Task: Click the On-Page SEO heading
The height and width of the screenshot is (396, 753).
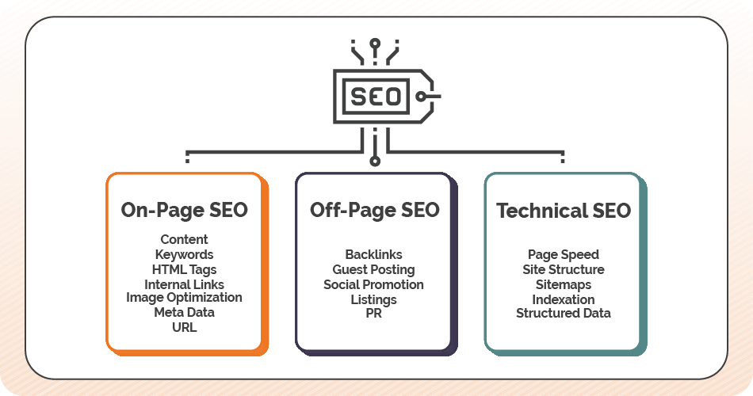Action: pos(184,210)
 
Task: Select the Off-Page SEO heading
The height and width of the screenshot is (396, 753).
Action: pos(374,210)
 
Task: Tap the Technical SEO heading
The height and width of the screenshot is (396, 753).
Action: pos(564,210)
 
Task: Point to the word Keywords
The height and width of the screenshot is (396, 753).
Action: pos(184,254)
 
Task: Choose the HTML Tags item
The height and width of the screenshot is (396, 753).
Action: pos(184,269)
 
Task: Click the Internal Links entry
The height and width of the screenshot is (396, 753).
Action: pos(184,284)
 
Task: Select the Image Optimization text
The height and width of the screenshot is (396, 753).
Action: pos(184,298)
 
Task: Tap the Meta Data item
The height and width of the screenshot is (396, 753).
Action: pos(184,312)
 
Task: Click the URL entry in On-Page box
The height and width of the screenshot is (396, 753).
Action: pos(184,326)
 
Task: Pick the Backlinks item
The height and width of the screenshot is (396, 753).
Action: pos(373,254)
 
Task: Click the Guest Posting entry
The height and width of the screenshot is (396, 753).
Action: pos(373,269)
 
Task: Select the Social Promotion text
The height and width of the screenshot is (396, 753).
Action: pos(373,284)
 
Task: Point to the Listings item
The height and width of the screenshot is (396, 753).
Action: pos(373,299)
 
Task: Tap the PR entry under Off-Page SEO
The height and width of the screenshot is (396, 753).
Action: pos(373,314)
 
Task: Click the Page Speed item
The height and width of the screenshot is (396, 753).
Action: pos(564,254)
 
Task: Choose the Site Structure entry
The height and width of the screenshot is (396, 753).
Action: pos(564,269)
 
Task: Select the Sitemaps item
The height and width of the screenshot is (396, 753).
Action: pos(564,284)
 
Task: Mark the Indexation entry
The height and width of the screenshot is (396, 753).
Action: pos(564,299)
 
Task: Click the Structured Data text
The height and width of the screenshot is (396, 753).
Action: pos(564,313)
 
